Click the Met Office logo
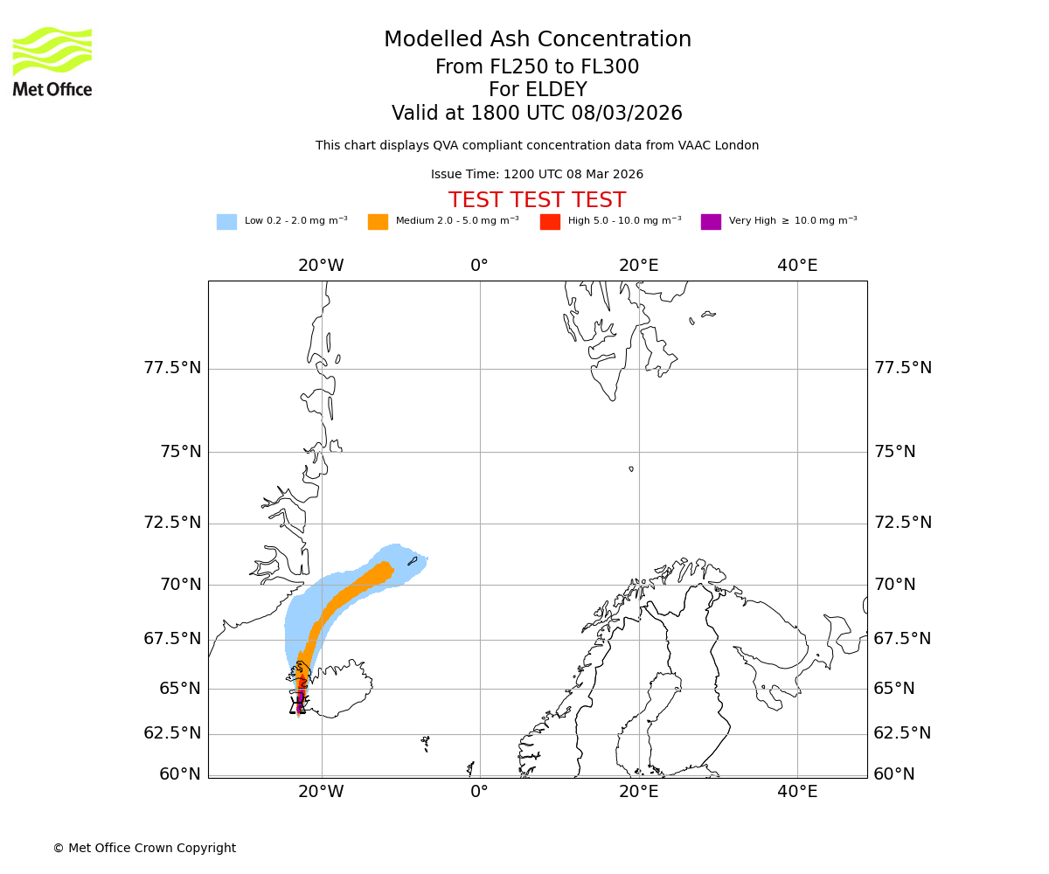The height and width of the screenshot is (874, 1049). pyautogui.click(x=52, y=61)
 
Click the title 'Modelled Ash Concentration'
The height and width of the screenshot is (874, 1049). pyautogui.click(x=538, y=40)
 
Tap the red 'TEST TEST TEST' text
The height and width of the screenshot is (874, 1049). pyautogui.click(x=537, y=200)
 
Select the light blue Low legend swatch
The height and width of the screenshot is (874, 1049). pyautogui.click(x=226, y=222)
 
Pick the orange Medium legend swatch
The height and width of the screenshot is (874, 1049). pyautogui.click(x=378, y=222)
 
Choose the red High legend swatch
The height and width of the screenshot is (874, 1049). pyautogui.click(x=550, y=222)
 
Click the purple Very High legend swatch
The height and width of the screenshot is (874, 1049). pyautogui.click(x=711, y=222)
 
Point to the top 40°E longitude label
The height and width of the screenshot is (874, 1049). pyautogui.click(x=797, y=266)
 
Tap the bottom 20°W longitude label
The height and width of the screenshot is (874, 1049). pyautogui.click(x=321, y=792)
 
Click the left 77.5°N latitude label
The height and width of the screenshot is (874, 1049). pyautogui.click(x=172, y=368)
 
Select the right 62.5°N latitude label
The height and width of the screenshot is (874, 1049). pyautogui.click(x=902, y=733)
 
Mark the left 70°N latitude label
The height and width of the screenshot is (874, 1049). pyautogui.click(x=180, y=584)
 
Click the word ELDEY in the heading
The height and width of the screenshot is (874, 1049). pyautogui.click(x=555, y=90)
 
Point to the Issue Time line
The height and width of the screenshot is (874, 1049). pyautogui.click(x=537, y=175)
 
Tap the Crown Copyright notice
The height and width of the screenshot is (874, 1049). pyautogui.click(x=144, y=848)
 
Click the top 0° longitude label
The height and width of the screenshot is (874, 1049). pyautogui.click(x=479, y=266)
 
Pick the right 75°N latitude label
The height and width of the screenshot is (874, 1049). pyautogui.click(x=895, y=452)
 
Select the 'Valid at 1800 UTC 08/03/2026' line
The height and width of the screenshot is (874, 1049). pyautogui.click(x=537, y=114)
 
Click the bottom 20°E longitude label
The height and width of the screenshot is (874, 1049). pyautogui.click(x=639, y=792)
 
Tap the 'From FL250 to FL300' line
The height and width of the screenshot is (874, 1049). pyautogui.click(x=537, y=67)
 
